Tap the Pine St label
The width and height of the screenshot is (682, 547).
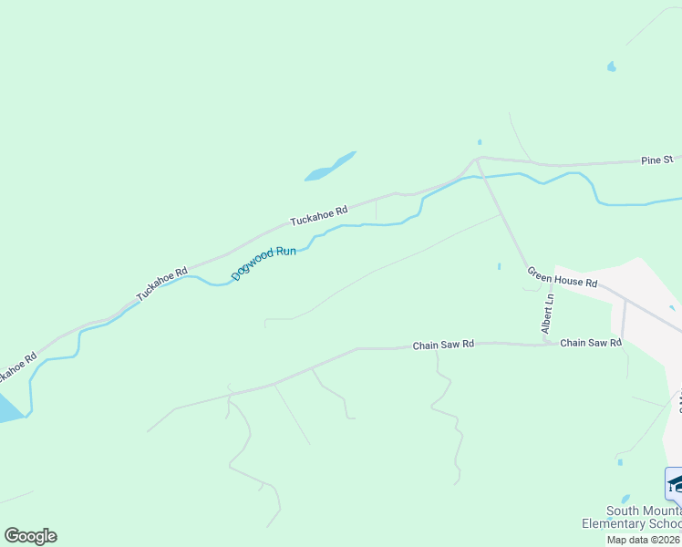click(x=656, y=160)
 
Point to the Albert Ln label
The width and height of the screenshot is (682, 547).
click(x=548, y=313)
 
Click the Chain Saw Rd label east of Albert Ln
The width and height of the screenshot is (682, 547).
click(x=590, y=343)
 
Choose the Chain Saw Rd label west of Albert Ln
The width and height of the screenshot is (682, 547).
click(x=443, y=345)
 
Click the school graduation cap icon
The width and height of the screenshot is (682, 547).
click(x=675, y=483)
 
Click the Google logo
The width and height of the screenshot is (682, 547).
click(x=30, y=536)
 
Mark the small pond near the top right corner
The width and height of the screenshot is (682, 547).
click(x=611, y=67)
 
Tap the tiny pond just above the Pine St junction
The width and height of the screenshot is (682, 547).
click(x=480, y=142)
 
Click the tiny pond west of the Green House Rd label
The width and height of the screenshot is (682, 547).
click(x=499, y=266)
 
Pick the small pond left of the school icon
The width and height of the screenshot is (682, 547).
click(x=619, y=462)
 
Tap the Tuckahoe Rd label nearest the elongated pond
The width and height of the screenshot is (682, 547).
click(x=318, y=215)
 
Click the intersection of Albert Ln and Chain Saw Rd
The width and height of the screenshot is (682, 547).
click(x=549, y=345)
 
